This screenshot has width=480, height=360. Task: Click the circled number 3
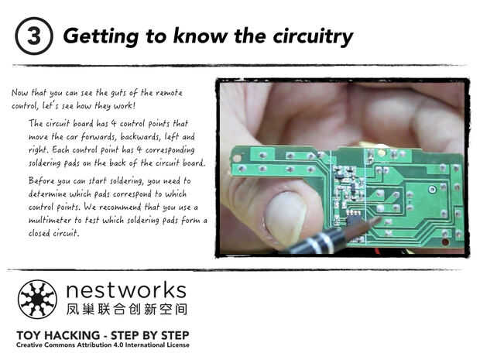click(34, 36)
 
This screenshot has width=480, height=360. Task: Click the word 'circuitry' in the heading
click(313, 36)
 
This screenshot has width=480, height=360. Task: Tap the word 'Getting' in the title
click(101, 37)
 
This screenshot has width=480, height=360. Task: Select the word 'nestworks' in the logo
click(126, 290)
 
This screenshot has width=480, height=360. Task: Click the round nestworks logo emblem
click(37, 300)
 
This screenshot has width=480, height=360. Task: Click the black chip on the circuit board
click(354, 218)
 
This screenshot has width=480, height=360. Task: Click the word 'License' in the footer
click(178, 345)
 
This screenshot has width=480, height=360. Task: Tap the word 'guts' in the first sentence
click(118, 93)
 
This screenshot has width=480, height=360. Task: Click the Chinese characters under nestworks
click(126, 309)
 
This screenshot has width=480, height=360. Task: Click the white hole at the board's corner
click(237, 159)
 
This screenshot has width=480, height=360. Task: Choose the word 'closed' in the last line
click(39, 233)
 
